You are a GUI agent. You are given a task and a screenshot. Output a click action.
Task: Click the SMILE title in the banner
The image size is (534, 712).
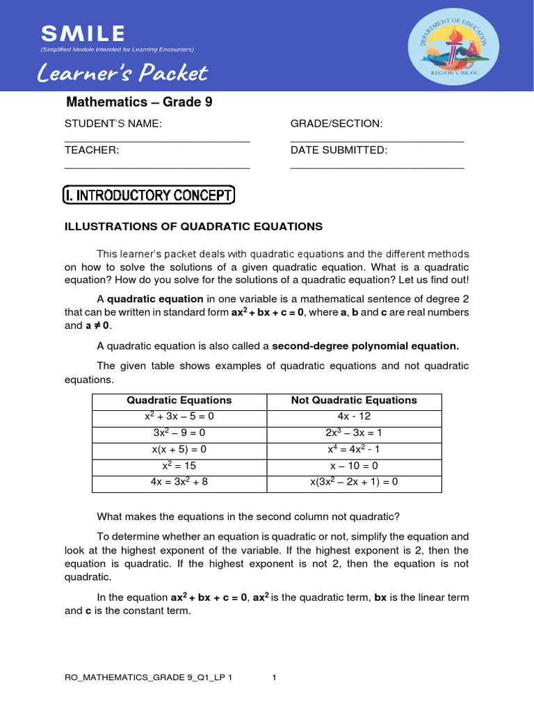[x=83, y=33]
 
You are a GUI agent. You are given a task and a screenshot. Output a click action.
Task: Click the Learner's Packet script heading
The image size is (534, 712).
[x=122, y=73]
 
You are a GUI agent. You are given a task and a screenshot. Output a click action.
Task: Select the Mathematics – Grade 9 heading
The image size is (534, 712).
[x=139, y=102]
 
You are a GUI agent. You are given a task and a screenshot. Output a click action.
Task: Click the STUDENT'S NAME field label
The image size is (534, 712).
[x=113, y=124]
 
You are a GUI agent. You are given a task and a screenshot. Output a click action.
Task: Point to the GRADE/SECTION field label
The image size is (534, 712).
[x=337, y=124]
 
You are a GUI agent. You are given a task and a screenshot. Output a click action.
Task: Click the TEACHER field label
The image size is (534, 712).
[x=92, y=150]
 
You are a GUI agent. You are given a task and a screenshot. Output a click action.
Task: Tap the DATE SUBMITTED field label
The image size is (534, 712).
[x=339, y=150]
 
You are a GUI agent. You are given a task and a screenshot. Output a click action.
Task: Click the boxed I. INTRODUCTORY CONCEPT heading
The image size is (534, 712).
[x=149, y=195]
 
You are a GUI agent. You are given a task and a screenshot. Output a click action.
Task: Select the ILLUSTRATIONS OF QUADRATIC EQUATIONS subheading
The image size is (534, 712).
[x=193, y=227]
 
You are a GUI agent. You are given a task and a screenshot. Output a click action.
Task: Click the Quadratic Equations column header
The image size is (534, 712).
[x=179, y=400]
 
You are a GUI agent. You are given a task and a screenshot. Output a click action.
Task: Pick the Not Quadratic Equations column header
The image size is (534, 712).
[x=354, y=400]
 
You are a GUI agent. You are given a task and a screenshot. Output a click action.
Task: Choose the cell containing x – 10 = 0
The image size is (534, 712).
[x=354, y=466]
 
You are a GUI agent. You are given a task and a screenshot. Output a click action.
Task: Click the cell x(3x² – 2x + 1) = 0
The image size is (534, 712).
[x=354, y=483]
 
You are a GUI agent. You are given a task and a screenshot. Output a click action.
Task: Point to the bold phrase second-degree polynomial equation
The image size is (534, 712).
[x=365, y=346]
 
